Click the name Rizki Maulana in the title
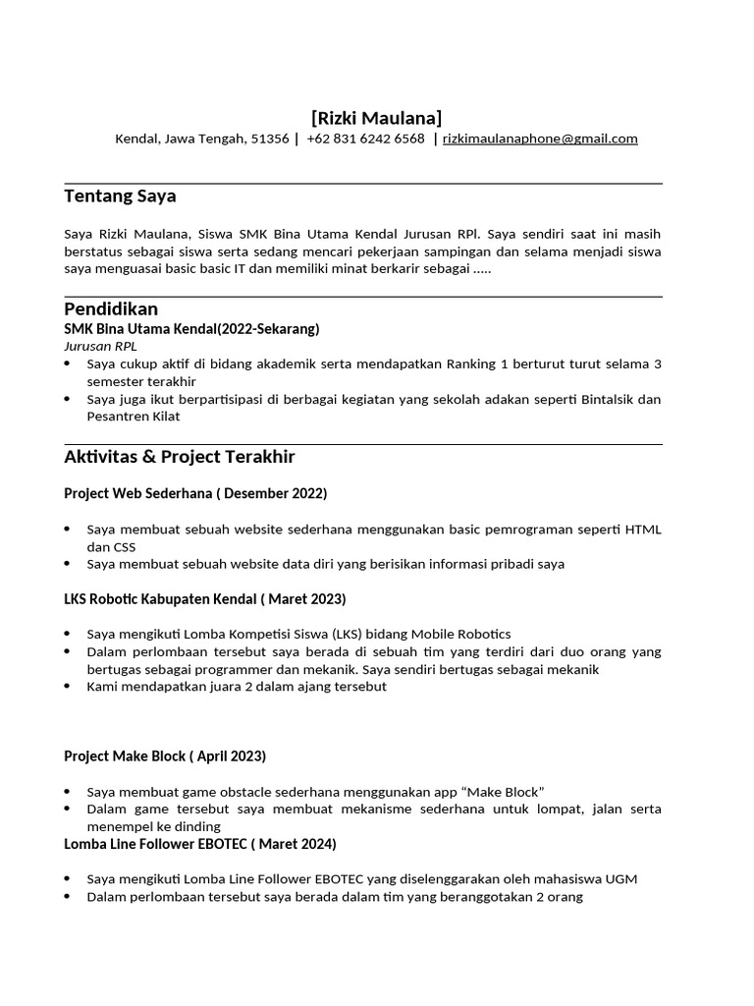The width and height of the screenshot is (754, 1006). [377, 118]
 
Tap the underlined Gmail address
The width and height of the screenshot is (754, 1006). [540, 140]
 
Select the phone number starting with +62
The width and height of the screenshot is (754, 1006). [365, 140]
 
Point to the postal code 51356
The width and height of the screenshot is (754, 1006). [270, 140]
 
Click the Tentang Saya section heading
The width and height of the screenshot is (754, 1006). [120, 196]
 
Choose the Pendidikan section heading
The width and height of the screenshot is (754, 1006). [111, 309]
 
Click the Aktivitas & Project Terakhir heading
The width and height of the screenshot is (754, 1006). [179, 457]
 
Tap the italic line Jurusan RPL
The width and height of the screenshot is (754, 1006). [100, 346]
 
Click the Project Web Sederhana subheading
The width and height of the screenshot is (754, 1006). [194, 492]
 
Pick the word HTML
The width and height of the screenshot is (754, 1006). [642, 530]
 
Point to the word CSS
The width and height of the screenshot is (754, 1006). [123, 546]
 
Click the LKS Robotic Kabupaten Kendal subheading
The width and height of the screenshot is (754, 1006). [204, 598]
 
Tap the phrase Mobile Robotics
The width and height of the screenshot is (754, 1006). [460, 634]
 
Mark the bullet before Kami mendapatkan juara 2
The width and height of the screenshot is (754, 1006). [67, 687]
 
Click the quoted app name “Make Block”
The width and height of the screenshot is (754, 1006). [503, 791]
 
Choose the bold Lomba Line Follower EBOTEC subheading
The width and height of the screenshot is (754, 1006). [199, 843]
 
